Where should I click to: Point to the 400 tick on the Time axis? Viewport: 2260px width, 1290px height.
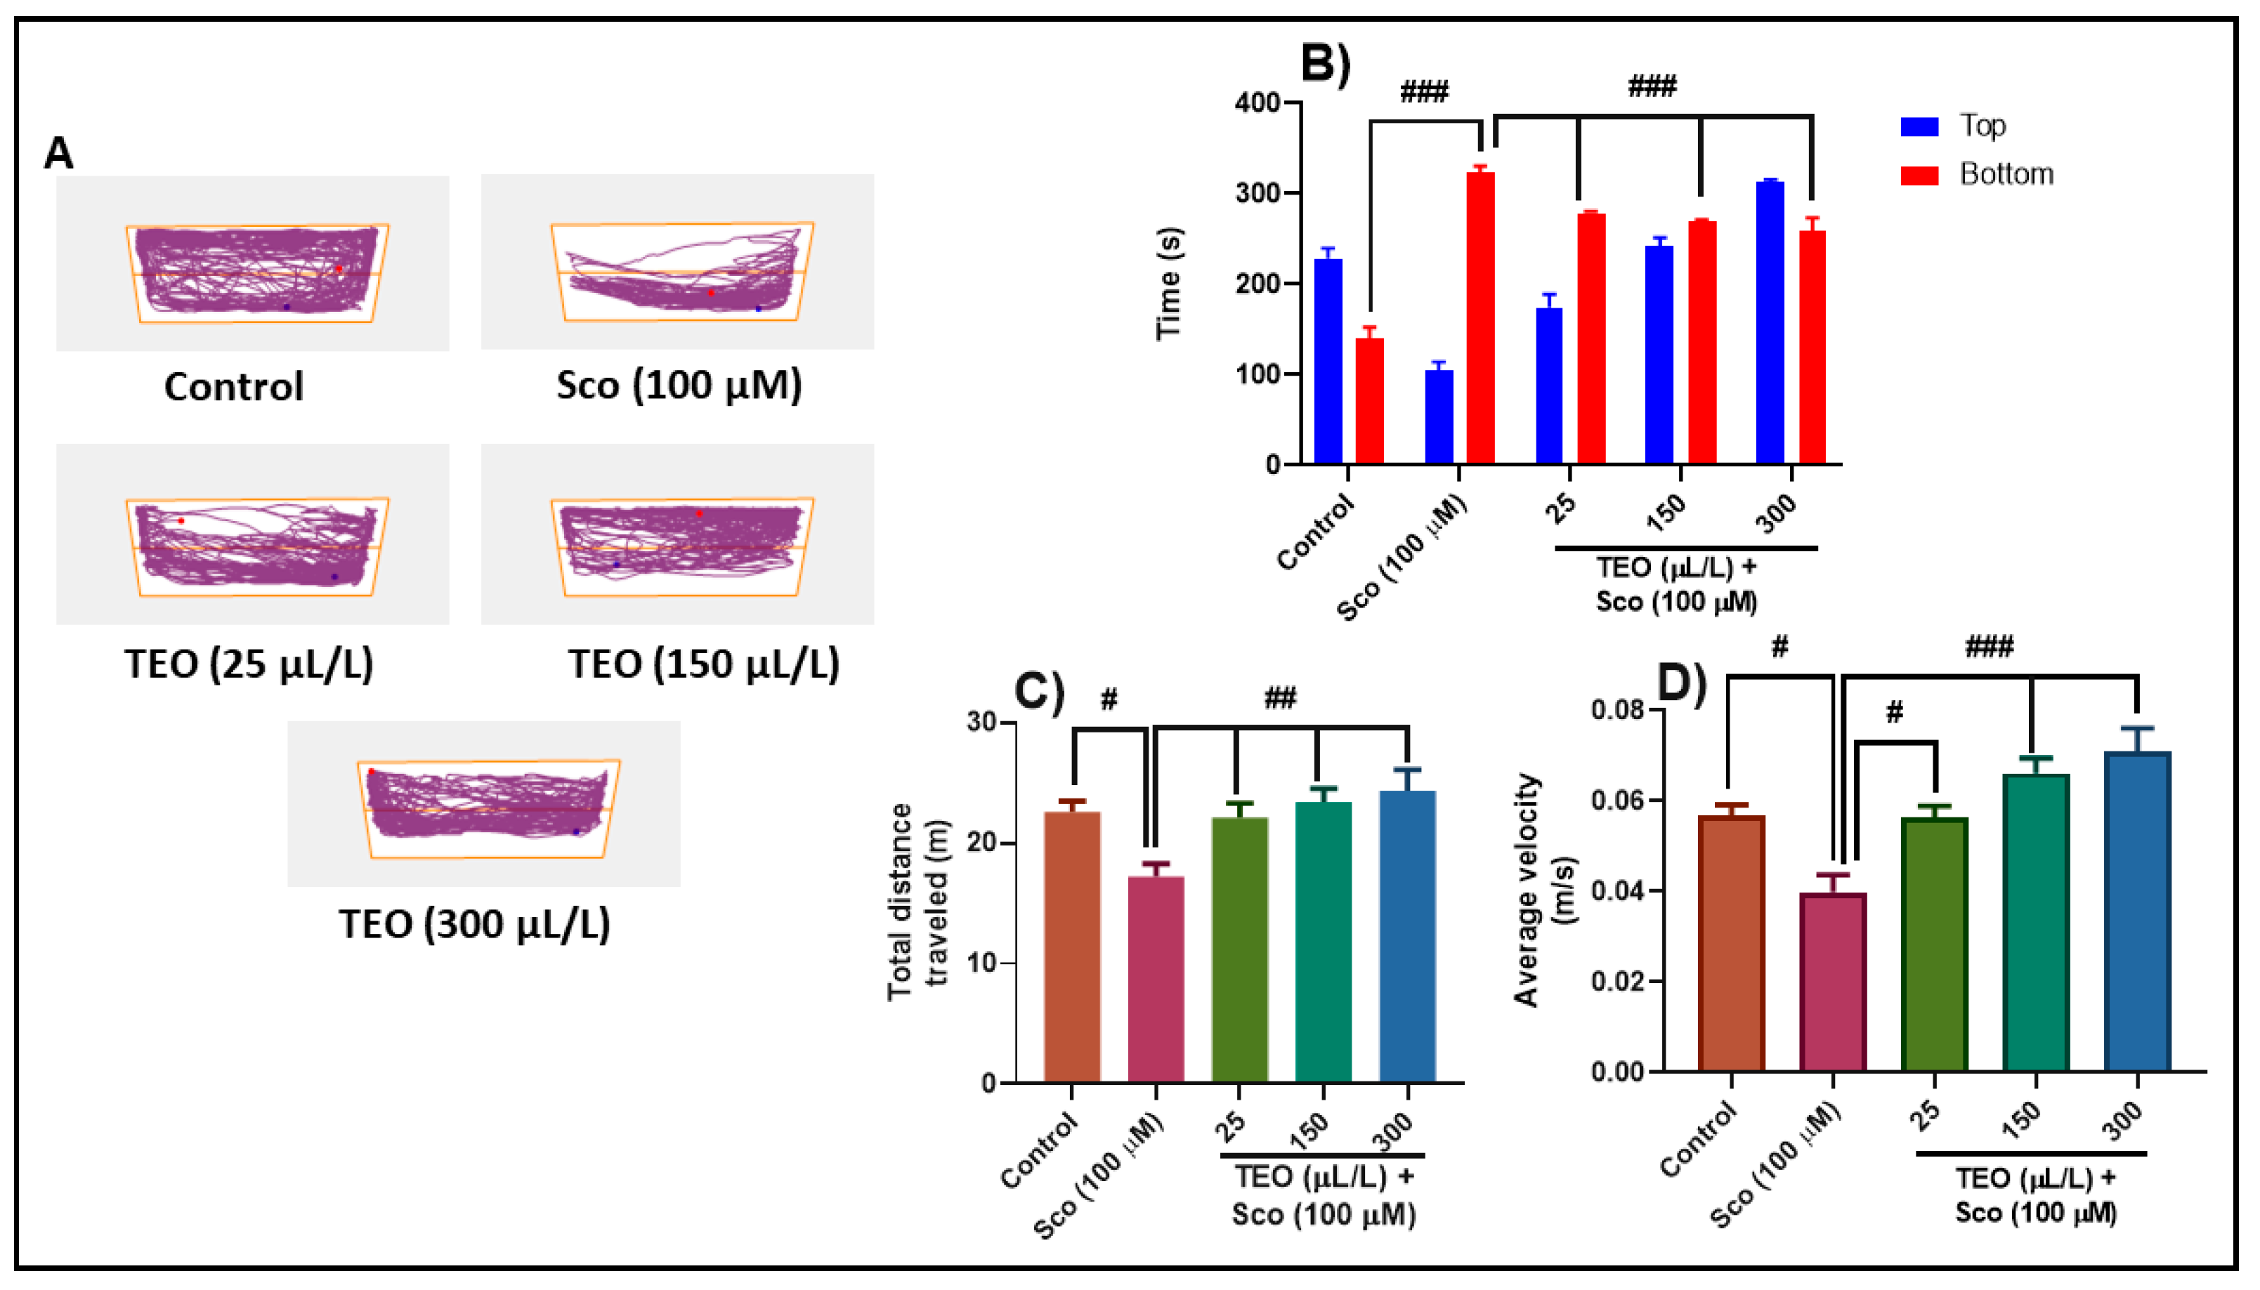pos(1258,103)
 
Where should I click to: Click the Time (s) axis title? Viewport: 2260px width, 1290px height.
pos(1169,284)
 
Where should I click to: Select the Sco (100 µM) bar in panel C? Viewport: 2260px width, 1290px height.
pos(1156,978)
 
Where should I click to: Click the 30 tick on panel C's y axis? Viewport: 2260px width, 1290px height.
pos(982,722)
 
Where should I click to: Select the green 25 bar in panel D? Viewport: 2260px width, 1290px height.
pos(1934,944)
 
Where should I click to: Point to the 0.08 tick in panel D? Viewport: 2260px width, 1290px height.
pos(1616,710)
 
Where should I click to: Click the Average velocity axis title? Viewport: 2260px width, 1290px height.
pos(1542,890)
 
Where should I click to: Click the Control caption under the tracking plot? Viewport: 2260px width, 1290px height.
pos(234,386)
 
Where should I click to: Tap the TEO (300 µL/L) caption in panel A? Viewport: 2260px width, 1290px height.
pos(474,924)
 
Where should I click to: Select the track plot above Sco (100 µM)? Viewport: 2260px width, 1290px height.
pos(677,261)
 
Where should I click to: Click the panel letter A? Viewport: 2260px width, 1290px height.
pos(58,153)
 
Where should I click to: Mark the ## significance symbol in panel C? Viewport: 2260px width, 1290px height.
pos(1280,698)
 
